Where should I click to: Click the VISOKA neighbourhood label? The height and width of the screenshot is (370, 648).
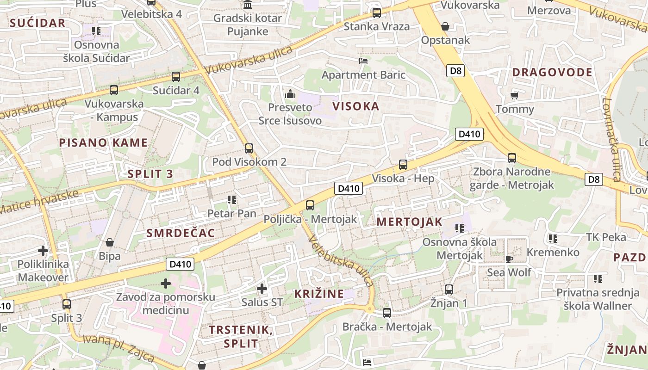tap(355, 106)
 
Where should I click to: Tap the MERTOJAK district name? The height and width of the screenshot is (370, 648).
tap(409, 222)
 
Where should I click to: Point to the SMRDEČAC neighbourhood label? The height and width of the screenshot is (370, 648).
tap(181, 233)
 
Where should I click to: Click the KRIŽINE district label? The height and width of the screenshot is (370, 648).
tap(319, 294)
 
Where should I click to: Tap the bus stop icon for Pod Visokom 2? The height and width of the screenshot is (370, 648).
tap(249, 148)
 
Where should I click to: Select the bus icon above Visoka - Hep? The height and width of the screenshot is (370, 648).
tap(403, 165)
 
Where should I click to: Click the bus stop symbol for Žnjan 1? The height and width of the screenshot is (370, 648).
tap(449, 290)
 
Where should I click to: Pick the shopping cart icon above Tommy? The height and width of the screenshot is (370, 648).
tap(514, 96)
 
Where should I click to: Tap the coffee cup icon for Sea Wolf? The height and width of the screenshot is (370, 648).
tap(509, 259)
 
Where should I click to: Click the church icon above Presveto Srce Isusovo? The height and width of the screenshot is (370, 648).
tap(290, 94)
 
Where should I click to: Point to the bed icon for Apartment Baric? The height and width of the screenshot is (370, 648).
tap(363, 61)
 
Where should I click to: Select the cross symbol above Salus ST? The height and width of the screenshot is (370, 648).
tap(262, 289)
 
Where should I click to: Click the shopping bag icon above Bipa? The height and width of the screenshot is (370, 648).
tap(110, 242)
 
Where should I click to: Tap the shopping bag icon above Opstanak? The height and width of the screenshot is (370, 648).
tap(445, 26)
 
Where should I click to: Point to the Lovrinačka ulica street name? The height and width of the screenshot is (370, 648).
tap(611, 139)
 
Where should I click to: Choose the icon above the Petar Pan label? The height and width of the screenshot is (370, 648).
tap(232, 200)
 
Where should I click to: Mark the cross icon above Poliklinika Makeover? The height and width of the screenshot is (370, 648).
tap(43, 251)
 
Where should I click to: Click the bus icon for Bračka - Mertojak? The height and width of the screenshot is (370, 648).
tap(387, 313)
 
